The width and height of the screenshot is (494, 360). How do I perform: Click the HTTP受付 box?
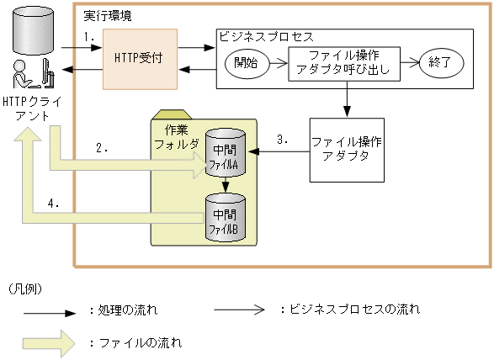(x=141, y=59)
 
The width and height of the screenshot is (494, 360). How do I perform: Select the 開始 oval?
(x=246, y=61)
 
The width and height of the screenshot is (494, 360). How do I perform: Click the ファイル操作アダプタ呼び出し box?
(x=344, y=61)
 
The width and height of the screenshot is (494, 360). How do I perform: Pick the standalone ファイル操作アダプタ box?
(x=345, y=148)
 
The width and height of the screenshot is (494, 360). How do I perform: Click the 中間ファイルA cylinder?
(x=225, y=153)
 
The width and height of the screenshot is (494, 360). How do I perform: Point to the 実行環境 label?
(x=107, y=17)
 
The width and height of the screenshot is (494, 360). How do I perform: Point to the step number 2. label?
(x=102, y=148)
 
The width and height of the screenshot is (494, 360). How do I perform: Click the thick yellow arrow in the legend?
(x=50, y=343)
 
